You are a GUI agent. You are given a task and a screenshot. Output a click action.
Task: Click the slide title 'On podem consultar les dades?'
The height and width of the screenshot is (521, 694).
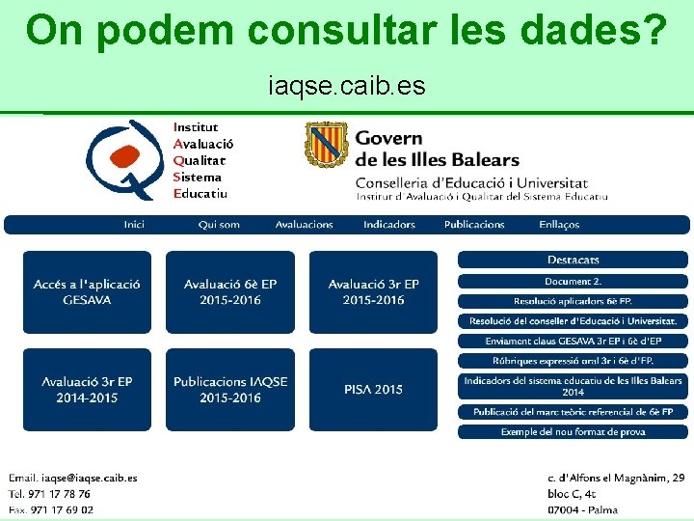pos(346,31)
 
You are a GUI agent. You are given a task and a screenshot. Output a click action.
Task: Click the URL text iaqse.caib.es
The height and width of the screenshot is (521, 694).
pos(346,87)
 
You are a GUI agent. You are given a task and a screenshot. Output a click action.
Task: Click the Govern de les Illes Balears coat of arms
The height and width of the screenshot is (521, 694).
pos(325,146)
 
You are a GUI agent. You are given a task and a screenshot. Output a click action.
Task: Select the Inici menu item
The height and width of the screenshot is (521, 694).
pos(134,225)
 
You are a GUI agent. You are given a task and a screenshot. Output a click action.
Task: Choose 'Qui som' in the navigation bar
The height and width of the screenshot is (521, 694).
pos(219,225)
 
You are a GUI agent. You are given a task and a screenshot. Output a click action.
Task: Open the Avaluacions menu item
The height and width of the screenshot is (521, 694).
pos(304,225)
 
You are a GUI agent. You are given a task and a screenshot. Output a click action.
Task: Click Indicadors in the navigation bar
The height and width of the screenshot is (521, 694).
pos(388,225)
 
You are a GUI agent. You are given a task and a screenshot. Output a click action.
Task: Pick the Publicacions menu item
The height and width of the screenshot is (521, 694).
pos(474,225)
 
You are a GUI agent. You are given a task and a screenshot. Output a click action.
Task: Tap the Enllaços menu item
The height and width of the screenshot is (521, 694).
pos(559,225)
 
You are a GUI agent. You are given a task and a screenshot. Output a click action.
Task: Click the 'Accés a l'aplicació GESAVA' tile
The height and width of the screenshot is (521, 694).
pos(87,291)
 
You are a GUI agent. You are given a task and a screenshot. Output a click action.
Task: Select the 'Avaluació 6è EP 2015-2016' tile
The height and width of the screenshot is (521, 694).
pos(229,291)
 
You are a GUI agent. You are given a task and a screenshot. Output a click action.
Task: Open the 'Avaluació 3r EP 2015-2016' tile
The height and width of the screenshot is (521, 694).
pos(373,291)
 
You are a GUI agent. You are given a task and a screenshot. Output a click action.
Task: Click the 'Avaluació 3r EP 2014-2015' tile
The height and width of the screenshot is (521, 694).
pos(87,389)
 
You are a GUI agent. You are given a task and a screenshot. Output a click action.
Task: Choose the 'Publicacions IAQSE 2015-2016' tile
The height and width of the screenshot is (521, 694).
pos(229,389)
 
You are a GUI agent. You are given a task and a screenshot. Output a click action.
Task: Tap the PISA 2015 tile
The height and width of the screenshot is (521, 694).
pos(373,389)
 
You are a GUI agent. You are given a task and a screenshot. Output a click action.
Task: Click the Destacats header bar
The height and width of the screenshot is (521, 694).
pos(573,260)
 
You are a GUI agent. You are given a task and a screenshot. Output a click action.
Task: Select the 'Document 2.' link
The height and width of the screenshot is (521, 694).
pos(573,282)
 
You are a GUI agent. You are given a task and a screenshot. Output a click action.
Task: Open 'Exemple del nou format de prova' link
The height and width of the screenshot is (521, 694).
pos(573,432)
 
